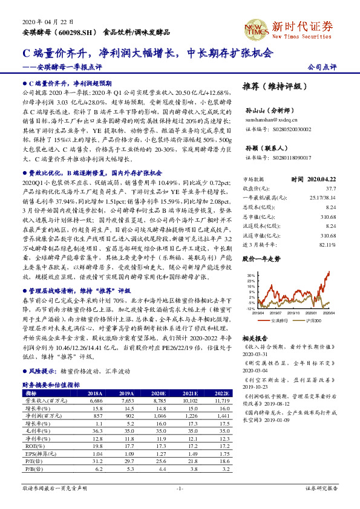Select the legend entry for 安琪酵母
[279, 320]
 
